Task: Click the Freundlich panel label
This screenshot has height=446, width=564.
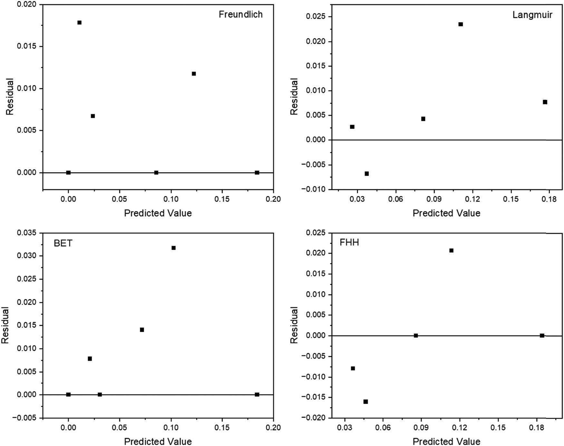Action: [x=240, y=14]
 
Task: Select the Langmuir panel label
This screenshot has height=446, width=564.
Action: [x=532, y=15]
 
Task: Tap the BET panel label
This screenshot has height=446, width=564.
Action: [x=63, y=243]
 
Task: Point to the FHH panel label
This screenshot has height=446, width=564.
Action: [x=349, y=242]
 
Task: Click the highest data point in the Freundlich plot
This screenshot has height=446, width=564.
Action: [x=79, y=23]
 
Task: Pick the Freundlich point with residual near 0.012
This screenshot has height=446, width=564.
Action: [x=194, y=74]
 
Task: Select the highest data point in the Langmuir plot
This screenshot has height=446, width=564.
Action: [x=461, y=24]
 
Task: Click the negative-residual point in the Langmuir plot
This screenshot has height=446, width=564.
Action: [x=366, y=174]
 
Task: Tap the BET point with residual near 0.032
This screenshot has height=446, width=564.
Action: [x=173, y=248]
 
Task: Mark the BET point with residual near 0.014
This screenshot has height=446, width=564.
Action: [x=142, y=330]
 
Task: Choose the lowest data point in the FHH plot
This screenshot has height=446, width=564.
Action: [x=365, y=402]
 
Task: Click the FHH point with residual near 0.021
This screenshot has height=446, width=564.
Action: [x=451, y=250]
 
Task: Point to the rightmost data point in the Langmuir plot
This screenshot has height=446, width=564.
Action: [x=545, y=102]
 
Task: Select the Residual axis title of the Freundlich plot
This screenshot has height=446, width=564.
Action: [x=10, y=97]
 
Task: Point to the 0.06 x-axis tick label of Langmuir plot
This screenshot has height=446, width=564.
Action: [x=395, y=199]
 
